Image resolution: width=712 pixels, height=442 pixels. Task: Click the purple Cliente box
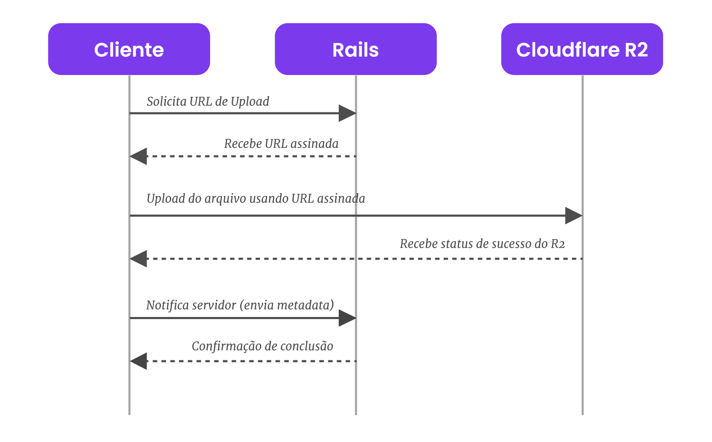click(129, 49)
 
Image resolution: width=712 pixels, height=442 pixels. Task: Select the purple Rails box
click(356, 49)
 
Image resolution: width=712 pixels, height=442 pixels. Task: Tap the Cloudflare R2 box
click(582, 49)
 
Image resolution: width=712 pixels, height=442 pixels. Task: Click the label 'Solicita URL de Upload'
click(208, 101)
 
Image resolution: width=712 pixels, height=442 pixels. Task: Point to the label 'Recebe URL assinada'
click(281, 144)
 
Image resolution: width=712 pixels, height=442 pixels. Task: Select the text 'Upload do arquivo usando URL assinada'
click(256, 199)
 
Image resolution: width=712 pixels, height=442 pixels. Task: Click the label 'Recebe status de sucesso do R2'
click(482, 244)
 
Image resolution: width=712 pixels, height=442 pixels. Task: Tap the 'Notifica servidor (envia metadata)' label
click(240, 305)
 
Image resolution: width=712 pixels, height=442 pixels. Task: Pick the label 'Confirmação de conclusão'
click(262, 346)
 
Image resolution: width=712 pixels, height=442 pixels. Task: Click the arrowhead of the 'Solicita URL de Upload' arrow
click(348, 113)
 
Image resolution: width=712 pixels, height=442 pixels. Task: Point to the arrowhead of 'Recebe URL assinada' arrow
click(138, 156)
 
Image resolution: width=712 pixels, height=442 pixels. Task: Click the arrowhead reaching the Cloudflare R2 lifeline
click(574, 216)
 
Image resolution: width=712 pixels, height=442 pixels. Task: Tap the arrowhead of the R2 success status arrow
click(138, 259)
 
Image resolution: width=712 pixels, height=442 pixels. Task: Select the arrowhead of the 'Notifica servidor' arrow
click(348, 318)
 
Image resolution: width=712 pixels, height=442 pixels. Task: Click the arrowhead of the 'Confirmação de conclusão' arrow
click(138, 361)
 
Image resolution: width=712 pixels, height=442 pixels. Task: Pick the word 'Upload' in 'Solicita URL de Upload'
click(250, 102)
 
